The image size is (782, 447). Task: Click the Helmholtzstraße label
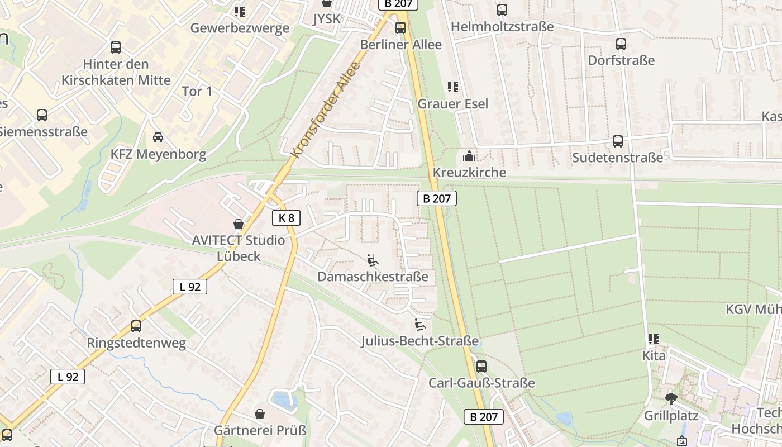tap(502, 27)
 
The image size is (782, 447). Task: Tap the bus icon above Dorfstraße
tap(621, 44)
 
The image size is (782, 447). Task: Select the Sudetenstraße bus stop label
tap(617, 158)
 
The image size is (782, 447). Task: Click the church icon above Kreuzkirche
tap(469, 156)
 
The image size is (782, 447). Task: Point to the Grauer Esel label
tap(452, 104)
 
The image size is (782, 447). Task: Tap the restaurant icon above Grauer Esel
tap(452, 87)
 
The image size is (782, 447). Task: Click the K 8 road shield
tap(286, 218)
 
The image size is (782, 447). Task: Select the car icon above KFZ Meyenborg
tap(158, 137)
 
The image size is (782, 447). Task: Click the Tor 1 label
tap(197, 91)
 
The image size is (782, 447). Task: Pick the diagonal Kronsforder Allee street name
tap(326, 110)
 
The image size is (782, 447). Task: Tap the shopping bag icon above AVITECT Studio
tap(239, 225)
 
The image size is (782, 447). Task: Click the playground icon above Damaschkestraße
tap(373, 260)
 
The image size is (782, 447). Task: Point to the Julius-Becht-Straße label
tap(419, 341)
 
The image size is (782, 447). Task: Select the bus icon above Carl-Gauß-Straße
tap(481, 367)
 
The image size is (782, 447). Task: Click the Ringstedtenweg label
tap(136, 343)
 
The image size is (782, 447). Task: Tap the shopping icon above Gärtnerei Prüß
tap(260, 414)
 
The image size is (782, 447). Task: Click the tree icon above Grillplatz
tap(671, 399)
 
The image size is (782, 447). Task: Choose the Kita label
tap(654, 356)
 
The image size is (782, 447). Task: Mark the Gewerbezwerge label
tap(240, 28)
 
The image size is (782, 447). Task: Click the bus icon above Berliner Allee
tap(400, 28)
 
